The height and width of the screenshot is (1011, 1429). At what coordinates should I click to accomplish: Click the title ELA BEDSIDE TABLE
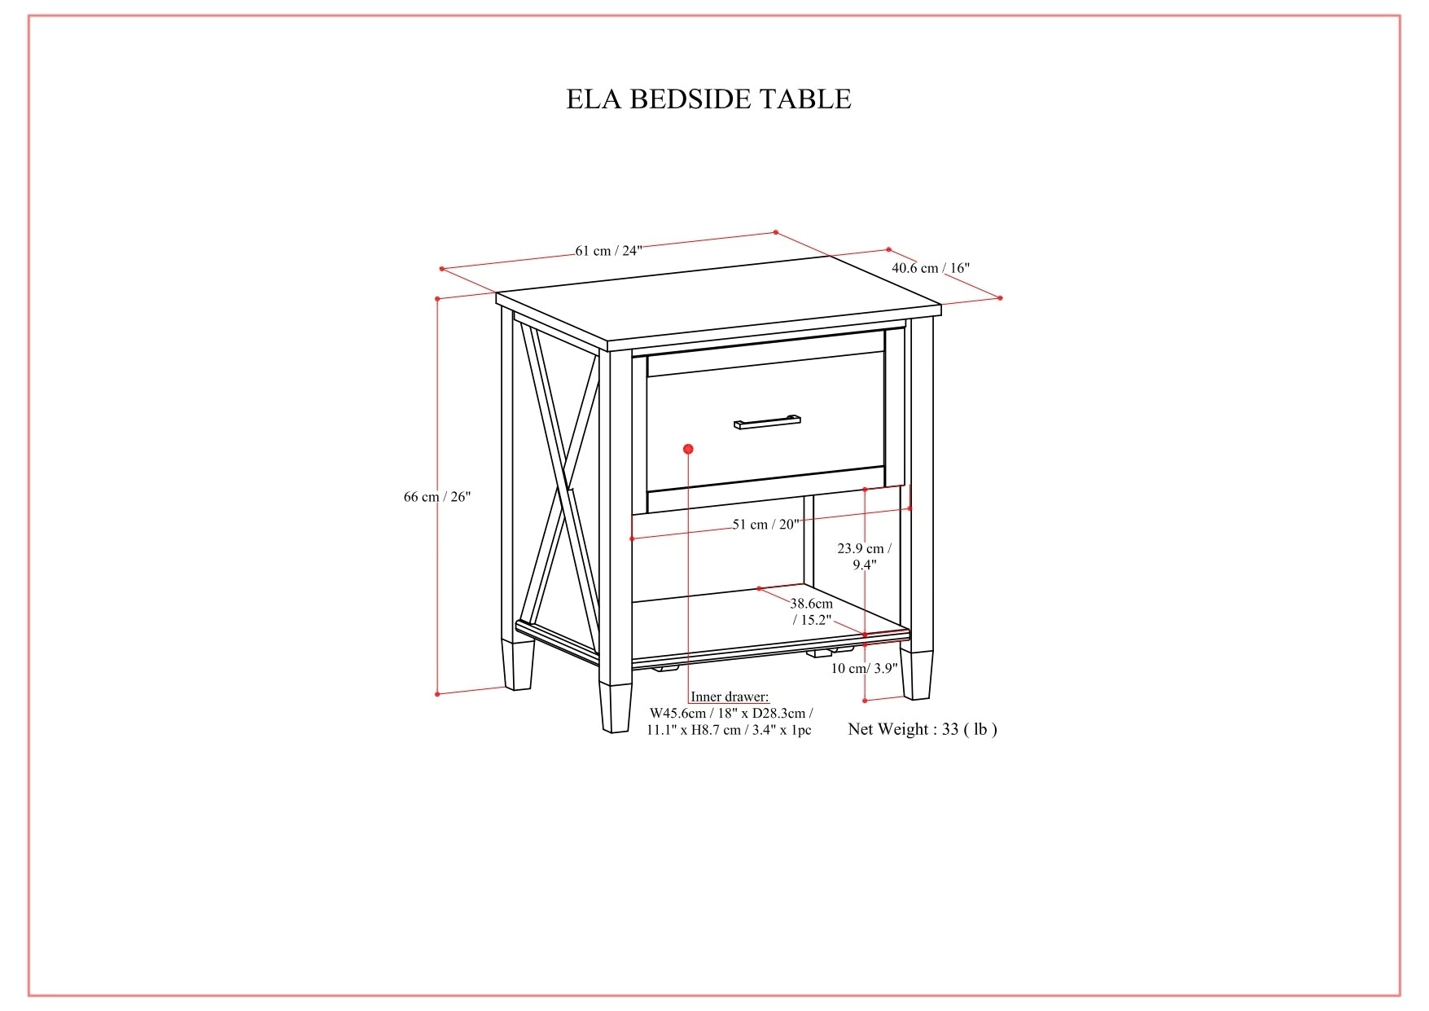coord(708,99)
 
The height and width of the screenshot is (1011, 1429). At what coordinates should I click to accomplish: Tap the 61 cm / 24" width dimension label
coord(608,250)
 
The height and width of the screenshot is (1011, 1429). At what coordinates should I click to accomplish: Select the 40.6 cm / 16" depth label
coord(930,267)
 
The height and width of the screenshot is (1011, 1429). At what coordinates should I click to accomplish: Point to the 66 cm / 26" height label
coord(437,496)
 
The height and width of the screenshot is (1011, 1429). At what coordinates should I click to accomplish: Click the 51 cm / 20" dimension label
coord(765,524)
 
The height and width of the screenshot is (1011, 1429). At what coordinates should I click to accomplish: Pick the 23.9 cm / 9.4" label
coord(864,556)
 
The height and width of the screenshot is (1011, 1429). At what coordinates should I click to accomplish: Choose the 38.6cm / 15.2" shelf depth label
coord(812,611)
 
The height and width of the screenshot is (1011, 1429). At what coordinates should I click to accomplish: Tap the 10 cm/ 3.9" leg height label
coord(864,668)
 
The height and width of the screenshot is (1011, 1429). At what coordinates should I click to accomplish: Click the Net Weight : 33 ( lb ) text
coord(922,729)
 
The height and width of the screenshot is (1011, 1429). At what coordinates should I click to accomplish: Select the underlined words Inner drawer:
coord(730,697)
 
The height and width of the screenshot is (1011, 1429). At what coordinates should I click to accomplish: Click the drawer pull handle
coord(767,421)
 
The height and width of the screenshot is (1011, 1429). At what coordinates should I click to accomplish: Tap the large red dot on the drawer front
coord(688,449)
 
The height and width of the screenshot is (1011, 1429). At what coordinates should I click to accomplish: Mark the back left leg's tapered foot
coord(518,664)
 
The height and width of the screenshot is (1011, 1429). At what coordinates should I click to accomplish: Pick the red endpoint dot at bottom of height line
coord(437,694)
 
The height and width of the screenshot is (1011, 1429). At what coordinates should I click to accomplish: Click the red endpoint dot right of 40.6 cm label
coord(1000,298)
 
